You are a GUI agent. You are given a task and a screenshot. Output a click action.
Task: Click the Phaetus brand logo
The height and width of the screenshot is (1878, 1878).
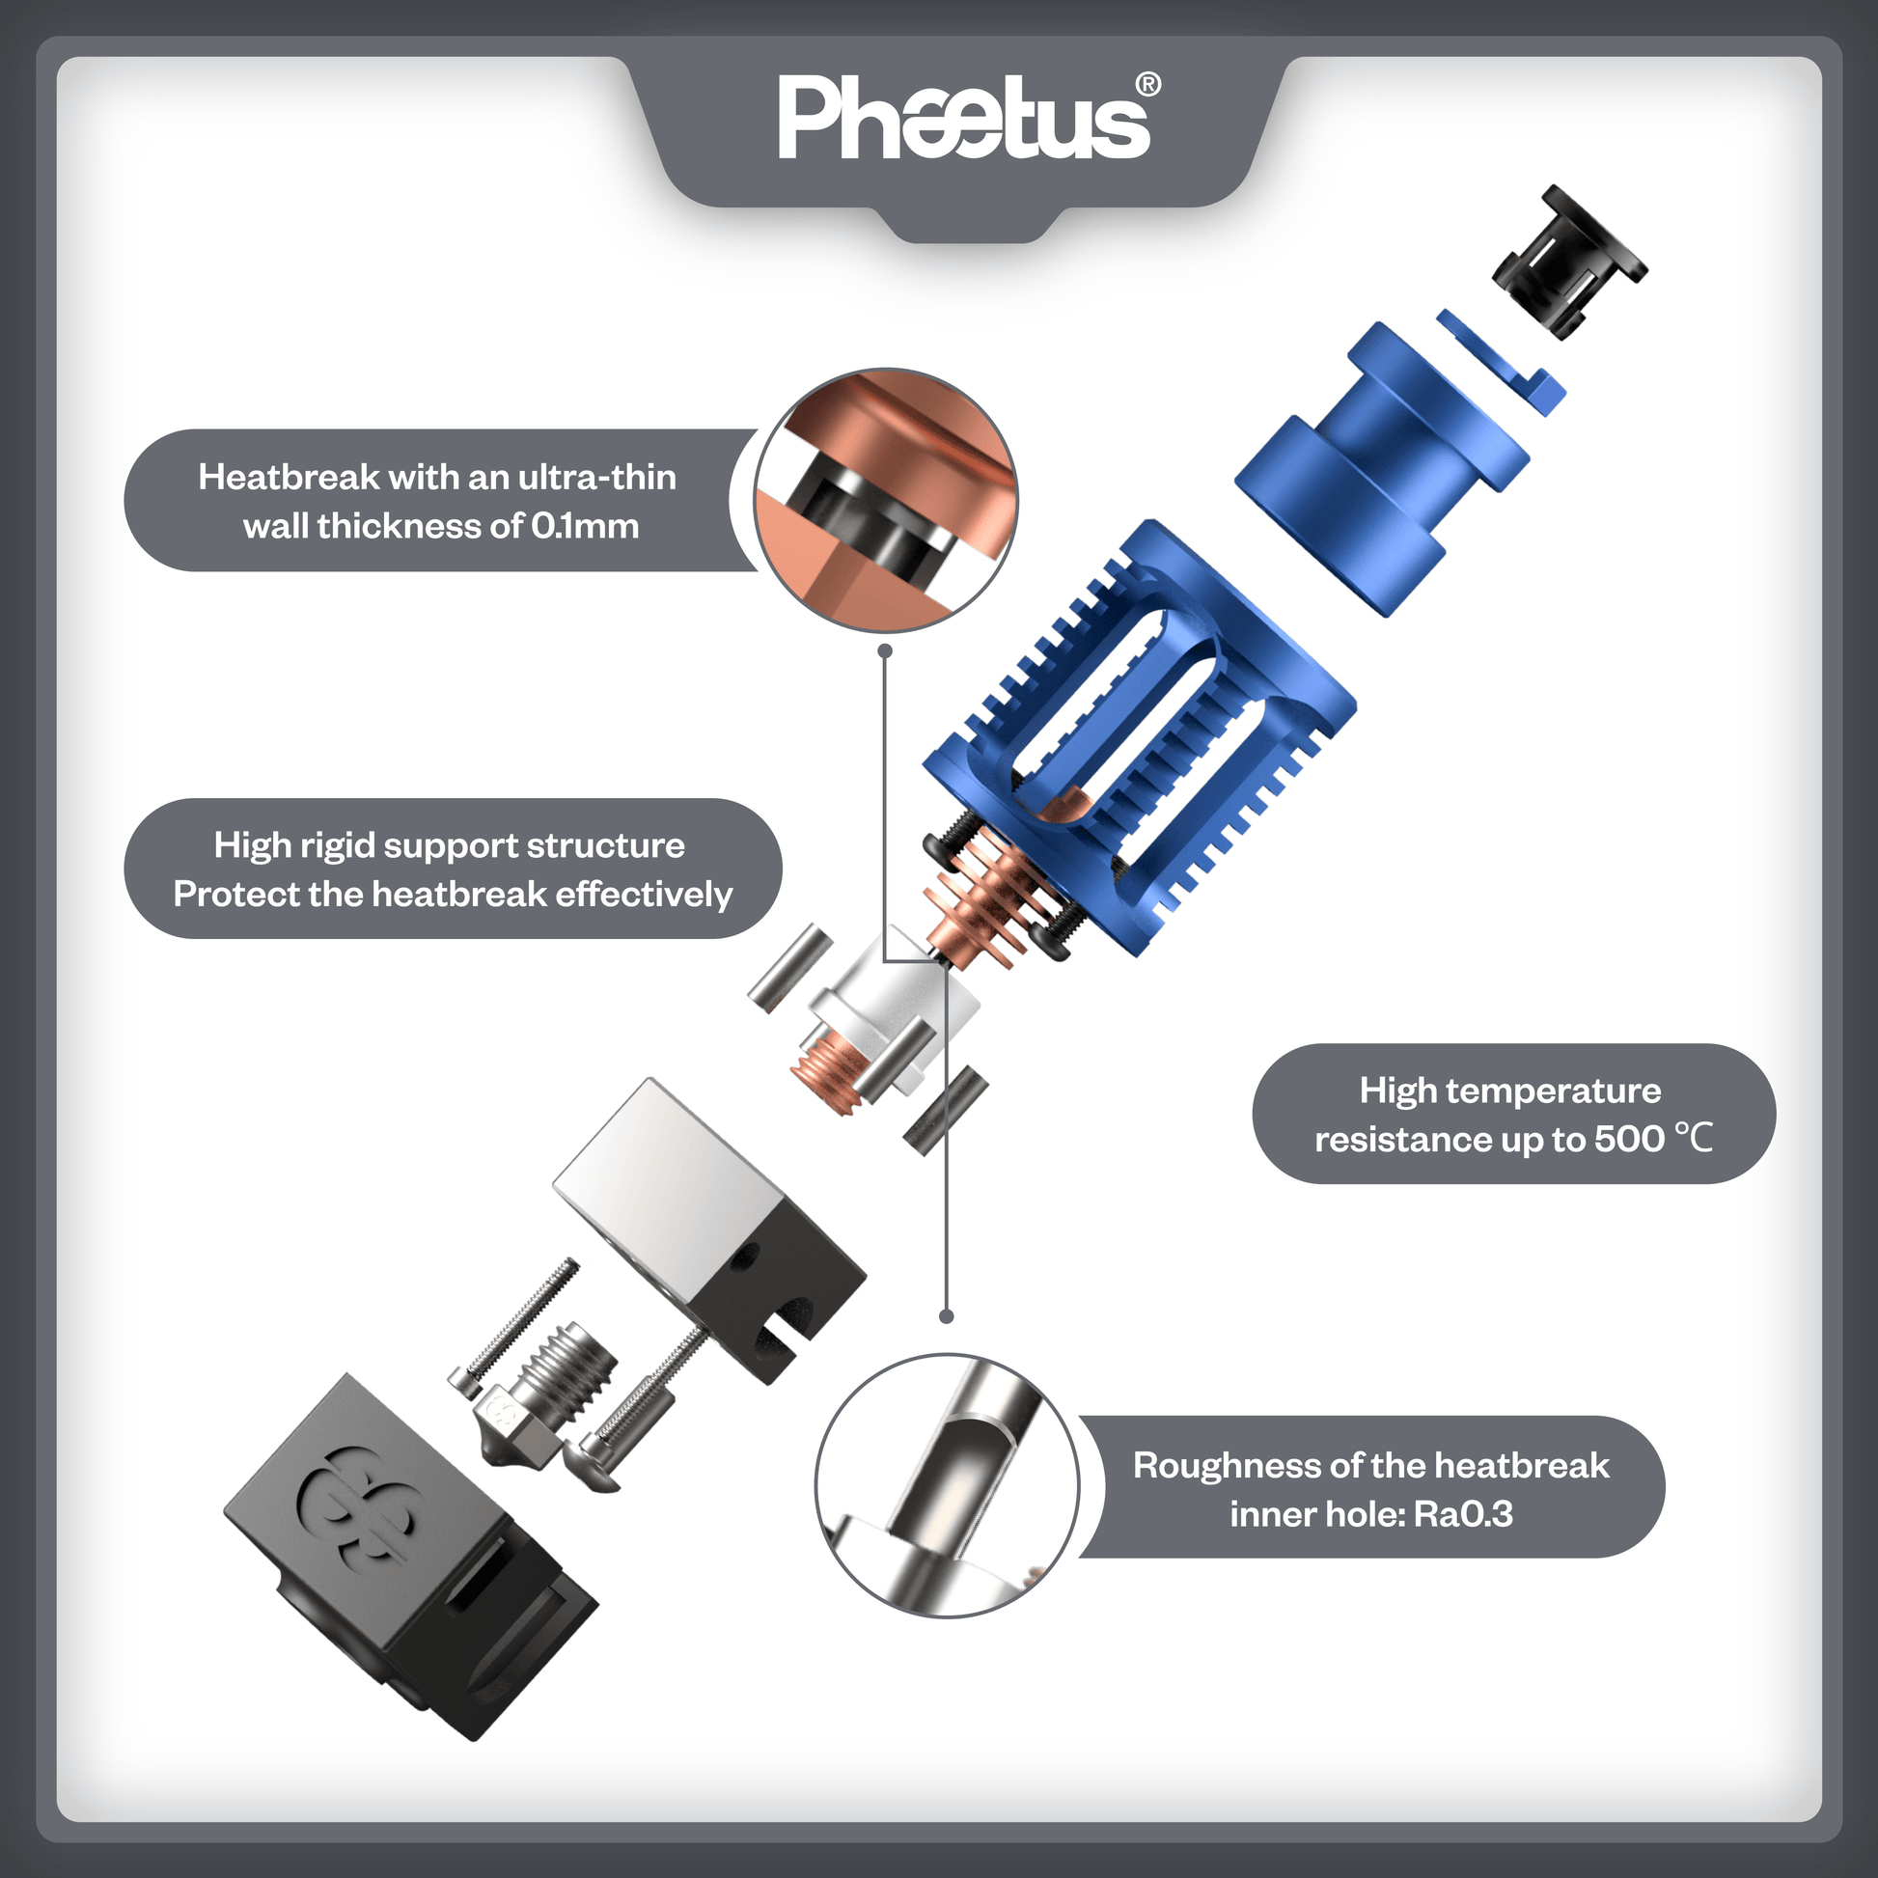click(x=962, y=119)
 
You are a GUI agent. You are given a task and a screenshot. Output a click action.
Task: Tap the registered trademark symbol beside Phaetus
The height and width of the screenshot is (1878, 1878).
click(x=1147, y=85)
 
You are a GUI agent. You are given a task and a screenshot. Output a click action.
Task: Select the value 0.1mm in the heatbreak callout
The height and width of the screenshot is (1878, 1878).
click(x=584, y=526)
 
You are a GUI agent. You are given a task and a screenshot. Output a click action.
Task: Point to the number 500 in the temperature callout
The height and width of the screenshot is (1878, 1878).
click(x=1629, y=1138)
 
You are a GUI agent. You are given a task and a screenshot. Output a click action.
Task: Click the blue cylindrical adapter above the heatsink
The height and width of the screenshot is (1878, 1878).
click(x=1380, y=466)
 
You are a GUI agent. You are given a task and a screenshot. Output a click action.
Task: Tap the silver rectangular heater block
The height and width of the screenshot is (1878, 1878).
click(x=709, y=1225)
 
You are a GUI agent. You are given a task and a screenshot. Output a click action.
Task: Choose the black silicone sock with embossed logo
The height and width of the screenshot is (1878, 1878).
click(x=408, y=1556)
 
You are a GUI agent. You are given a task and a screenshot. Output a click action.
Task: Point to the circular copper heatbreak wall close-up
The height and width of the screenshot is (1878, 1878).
click(x=886, y=500)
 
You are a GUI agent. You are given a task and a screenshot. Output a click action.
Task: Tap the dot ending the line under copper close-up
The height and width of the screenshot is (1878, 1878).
click(x=885, y=650)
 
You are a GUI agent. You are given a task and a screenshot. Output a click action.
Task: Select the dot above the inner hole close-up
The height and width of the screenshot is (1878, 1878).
click(x=947, y=1316)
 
